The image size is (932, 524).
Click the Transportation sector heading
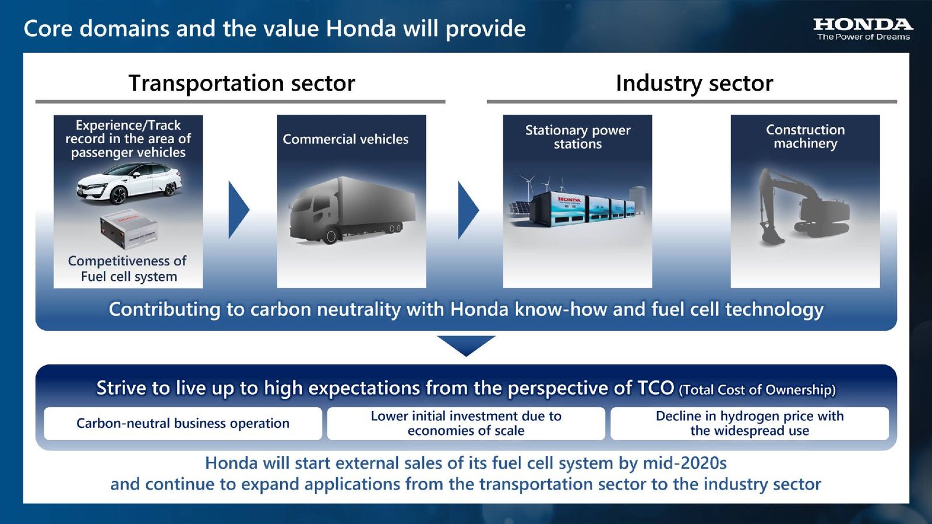(241, 83)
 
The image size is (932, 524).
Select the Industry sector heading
(694, 83)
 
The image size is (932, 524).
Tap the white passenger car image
(129, 184)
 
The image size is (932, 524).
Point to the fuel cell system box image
(128, 228)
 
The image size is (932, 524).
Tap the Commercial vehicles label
(345, 139)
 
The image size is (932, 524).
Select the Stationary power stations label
(577, 137)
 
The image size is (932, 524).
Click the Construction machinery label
(805, 136)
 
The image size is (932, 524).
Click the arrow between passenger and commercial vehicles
(238, 210)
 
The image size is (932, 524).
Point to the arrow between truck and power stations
(468, 210)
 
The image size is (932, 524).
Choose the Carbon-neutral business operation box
(183, 423)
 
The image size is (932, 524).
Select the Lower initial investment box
(466, 423)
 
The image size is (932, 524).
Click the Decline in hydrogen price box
(749, 423)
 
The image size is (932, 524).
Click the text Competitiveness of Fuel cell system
(128, 268)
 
